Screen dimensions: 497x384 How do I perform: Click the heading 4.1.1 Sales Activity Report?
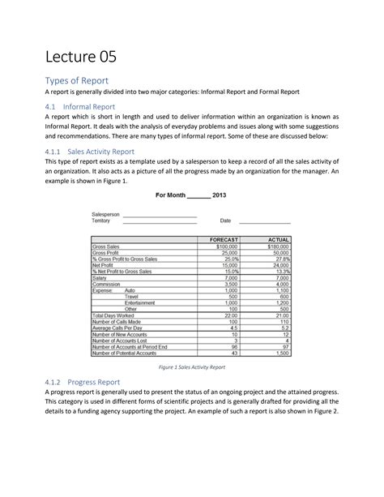(90, 151)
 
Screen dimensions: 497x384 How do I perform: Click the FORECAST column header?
(224, 241)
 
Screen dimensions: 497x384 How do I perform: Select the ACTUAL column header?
(277, 241)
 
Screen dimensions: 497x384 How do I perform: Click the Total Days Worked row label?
(115, 315)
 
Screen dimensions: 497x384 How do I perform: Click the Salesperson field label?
(106, 214)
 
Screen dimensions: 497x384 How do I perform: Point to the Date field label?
(225, 221)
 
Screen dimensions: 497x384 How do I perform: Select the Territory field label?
(104, 221)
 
